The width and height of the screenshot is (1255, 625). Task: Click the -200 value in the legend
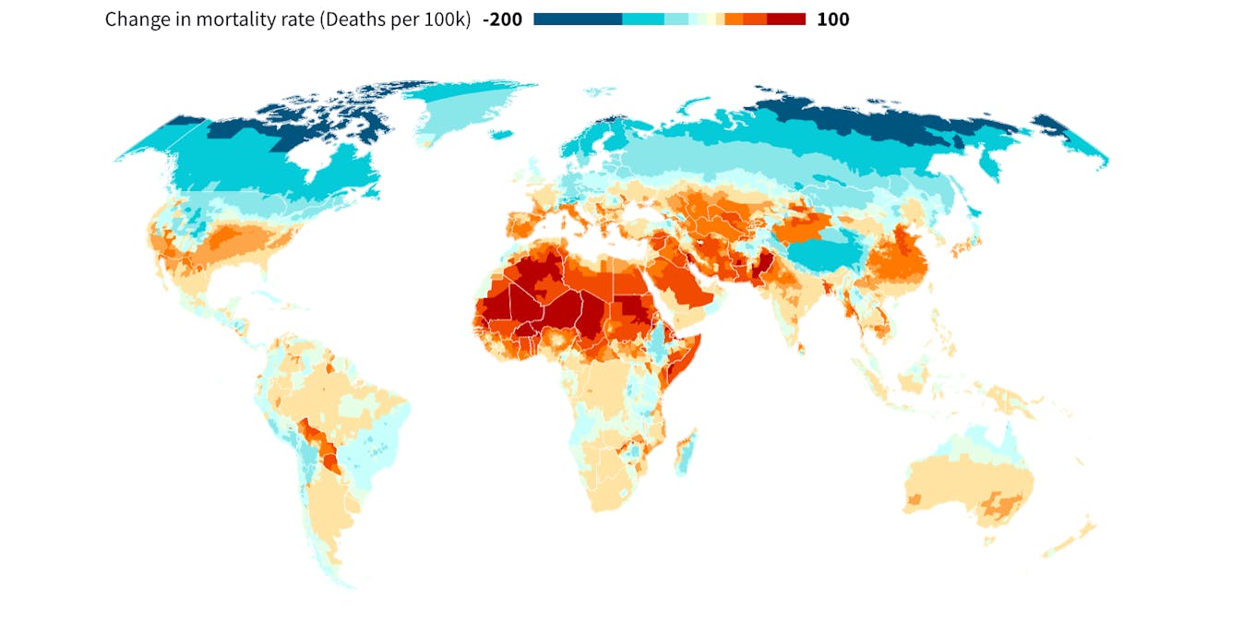point(502,19)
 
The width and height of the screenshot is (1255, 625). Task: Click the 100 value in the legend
point(832,19)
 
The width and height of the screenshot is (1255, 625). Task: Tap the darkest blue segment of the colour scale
point(578,19)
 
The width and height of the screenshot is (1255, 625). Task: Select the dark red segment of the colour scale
point(786,19)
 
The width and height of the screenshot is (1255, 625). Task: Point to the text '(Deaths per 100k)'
point(401,19)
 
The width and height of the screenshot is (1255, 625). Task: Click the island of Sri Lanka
point(801,348)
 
